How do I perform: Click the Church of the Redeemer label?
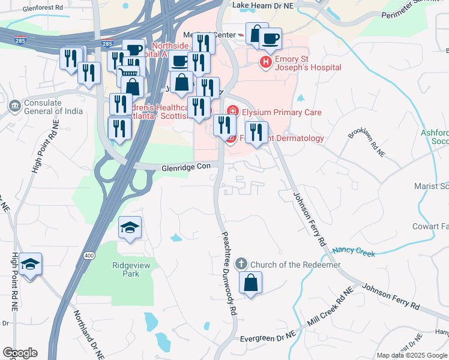[295, 265]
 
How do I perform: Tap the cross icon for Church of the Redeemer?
[241, 264]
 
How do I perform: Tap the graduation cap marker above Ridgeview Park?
[130, 228]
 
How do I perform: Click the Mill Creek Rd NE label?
[330, 310]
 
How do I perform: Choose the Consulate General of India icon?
[14, 106]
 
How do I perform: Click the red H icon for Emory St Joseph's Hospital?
[265, 62]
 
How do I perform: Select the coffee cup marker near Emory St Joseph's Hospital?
[270, 39]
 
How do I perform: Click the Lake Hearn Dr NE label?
[261, 5]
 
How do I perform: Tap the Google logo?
[20, 353]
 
